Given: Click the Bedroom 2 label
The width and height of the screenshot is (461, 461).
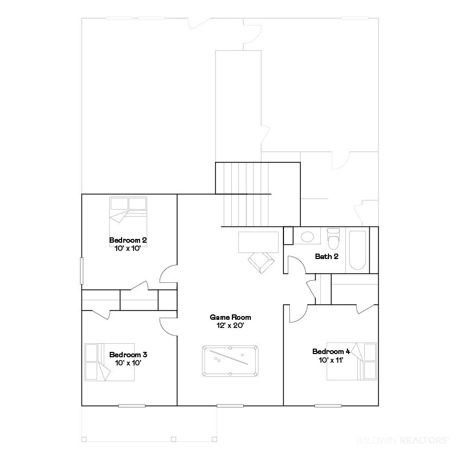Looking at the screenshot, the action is click(128, 240).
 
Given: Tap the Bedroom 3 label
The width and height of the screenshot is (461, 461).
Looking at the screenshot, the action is click(128, 355).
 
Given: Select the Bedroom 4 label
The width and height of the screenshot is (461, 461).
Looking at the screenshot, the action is click(331, 351).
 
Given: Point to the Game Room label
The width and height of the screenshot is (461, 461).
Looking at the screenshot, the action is click(230, 317).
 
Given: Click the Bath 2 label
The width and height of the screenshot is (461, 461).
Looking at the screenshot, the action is click(327, 256).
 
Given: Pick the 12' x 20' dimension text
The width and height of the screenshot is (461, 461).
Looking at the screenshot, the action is click(230, 325).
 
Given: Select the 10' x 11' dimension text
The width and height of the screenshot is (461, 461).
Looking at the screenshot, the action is click(331, 360).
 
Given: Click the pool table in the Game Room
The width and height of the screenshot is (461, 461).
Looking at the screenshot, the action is click(230, 361).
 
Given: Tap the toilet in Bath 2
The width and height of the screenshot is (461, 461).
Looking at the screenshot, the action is click(333, 239).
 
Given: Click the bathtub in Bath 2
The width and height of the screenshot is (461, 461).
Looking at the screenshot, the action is click(357, 250).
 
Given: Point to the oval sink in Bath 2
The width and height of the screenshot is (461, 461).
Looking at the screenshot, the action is click(307, 237).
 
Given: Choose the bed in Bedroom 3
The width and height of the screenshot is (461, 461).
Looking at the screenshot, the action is click(109, 362).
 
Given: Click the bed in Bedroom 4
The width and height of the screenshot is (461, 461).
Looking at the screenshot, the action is click(352, 361).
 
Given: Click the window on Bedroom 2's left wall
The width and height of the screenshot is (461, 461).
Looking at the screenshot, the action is click(82, 271).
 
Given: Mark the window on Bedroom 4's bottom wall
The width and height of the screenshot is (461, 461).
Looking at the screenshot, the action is click(328, 406).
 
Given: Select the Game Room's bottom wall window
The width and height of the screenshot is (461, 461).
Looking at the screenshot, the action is click(230, 406).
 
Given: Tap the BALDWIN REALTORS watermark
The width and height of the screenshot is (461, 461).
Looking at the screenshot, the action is click(403, 440).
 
